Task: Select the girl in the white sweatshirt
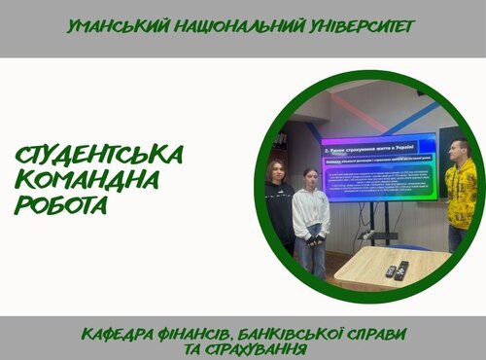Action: point(311,214)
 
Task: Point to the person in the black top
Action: point(280,204)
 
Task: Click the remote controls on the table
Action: point(397,270)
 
